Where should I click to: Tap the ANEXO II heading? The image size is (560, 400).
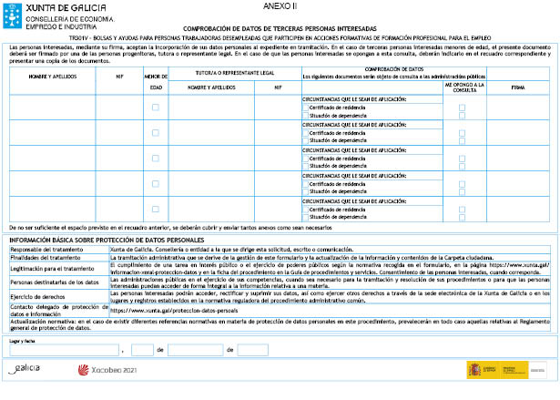coord(286,5)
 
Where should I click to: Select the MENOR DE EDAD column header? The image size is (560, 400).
coord(155,83)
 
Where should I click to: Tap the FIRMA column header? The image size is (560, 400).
coord(518,87)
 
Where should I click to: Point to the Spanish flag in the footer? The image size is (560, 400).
coord(475,370)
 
